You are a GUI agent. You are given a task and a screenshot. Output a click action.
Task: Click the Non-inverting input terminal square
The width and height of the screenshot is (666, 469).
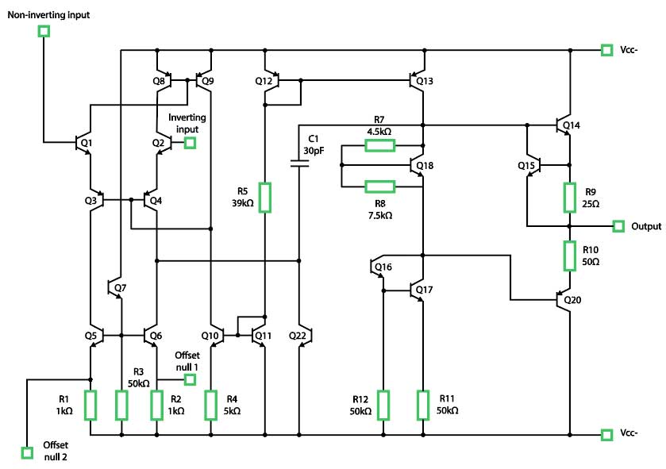[x=44, y=31]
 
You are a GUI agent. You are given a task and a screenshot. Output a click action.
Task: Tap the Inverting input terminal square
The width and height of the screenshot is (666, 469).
[x=190, y=143]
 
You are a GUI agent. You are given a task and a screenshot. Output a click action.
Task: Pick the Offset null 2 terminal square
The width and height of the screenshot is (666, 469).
[x=27, y=452]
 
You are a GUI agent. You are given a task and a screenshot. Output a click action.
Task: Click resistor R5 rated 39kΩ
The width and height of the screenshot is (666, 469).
[x=265, y=198]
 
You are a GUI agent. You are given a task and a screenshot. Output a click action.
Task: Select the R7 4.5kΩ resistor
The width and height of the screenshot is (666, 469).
[x=379, y=145]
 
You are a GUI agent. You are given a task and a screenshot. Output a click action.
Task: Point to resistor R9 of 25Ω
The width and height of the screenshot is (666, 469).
[x=569, y=197]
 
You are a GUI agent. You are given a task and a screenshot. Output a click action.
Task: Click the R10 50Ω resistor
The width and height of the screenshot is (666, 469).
[x=569, y=255]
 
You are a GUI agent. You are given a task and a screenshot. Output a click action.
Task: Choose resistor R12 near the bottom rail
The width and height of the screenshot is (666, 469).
[x=383, y=405]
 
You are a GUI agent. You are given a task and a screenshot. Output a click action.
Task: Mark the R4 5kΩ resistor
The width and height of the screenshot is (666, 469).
[x=211, y=405]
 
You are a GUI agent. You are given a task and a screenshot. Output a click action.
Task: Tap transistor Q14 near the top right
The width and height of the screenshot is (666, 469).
[x=563, y=125]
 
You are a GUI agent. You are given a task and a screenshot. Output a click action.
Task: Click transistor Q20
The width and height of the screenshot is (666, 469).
[x=564, y=300]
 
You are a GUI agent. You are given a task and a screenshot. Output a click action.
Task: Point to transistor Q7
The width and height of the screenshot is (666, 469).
[x=114, y=287]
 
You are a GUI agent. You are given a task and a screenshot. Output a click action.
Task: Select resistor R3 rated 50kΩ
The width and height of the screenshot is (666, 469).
[x=121, y=405]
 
